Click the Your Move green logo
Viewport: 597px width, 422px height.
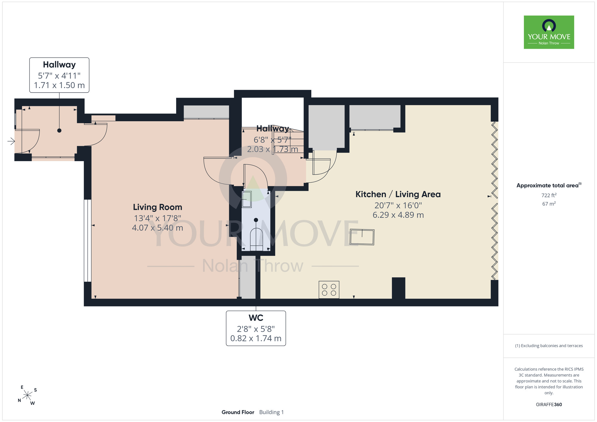click(x=549, y=32)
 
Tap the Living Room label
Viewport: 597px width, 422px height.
click(x=158, y=207)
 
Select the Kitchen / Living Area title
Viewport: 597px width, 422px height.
click(x=398, y=194)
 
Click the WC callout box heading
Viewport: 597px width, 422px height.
click(x=256, y=318)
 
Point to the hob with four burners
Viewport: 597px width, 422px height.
click(x=329, y=290)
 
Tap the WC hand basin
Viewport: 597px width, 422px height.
click(x=247, y=199)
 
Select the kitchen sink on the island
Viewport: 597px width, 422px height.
click(x=362, y=237)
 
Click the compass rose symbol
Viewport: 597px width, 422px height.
click(x=27, y=395)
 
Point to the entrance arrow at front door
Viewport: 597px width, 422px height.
click(x=11, y=141)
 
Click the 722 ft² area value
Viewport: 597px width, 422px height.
click(x=549, y=195)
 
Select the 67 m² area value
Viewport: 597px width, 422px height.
click(x=549, y=204)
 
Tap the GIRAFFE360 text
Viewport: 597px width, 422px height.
click(x=549, y=405)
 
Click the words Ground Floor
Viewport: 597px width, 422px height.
click(x=238, y=412)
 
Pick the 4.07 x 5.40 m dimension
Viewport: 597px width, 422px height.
click(x=158, y=228)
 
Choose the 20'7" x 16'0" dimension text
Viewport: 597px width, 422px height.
click(x=398, y=205)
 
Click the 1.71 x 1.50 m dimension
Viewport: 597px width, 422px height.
click(x=59, y=85)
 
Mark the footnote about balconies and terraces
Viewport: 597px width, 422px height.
click(x=549, y=346)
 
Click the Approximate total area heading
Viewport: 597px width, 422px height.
click(x=549, y=185)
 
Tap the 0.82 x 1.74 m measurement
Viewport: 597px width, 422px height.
click(x=256, y=338)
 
